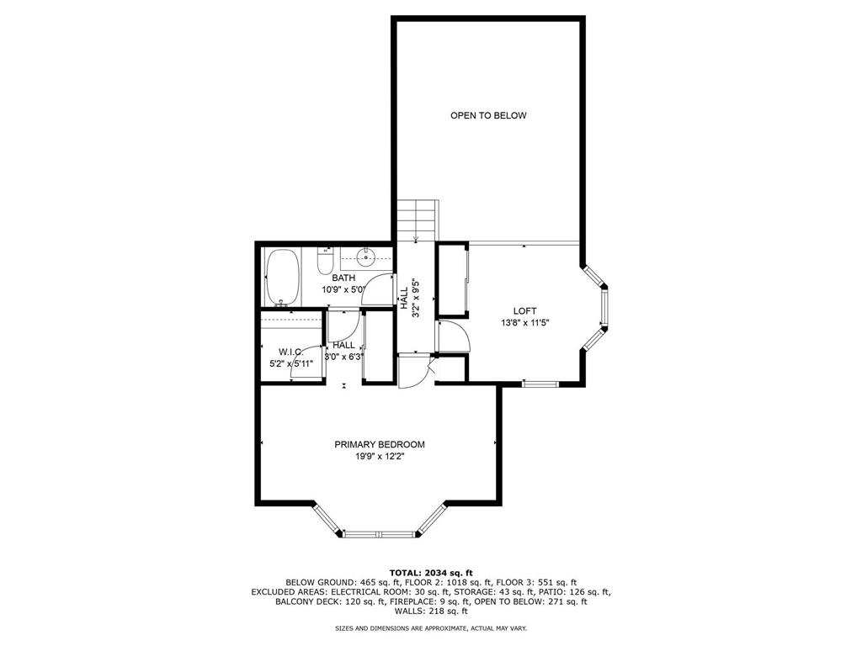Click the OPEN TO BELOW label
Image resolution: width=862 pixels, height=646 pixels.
point(488,115)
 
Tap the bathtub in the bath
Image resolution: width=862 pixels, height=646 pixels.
point(283,278)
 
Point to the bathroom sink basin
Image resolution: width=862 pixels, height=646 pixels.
point(365,257)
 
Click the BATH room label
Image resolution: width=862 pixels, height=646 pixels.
point(343,278)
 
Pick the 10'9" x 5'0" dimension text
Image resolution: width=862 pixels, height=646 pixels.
point(343,289)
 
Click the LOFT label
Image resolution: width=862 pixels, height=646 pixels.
point(525,311)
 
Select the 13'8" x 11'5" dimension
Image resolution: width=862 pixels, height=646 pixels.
point(525,323)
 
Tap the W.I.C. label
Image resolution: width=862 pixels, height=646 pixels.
point(291,352)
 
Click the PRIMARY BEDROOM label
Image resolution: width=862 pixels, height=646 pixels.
point(380,444)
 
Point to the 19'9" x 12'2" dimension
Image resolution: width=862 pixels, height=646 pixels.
point(380,457)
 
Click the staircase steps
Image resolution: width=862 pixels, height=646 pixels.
point(418,220)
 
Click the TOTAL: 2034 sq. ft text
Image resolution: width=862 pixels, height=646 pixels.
point(431,572)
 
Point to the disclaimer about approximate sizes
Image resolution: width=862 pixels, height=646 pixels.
point(431,627)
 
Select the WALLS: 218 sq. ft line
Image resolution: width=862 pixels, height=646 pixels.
point(431,611)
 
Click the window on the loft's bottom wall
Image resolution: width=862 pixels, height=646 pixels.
point(540,384)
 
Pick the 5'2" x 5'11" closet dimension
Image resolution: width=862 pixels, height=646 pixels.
point(291,363)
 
